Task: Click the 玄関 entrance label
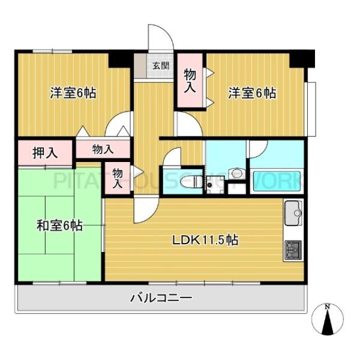click(160, 65)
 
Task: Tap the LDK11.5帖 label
click(206, 240)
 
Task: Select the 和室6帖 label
click(59, 226)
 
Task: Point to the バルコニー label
click(161, 298)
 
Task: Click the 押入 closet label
click(45, 152)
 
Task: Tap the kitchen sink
click(295, 211)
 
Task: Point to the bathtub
click(277, 181)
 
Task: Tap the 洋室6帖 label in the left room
click(73, 93)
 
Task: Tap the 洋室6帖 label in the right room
click(251, 93)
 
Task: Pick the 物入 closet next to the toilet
click(118, 178)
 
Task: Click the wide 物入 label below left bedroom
click(103, 149)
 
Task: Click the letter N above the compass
click(327, 307)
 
